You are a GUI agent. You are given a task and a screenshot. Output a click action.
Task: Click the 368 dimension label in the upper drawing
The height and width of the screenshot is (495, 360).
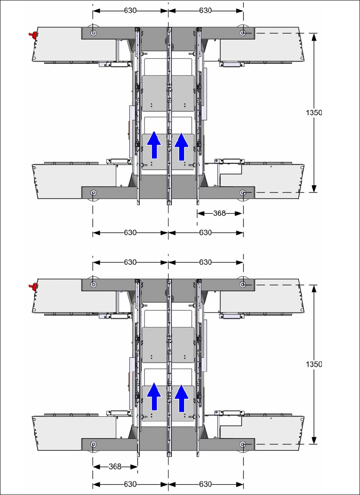pyautogui.click(x=219, y=213)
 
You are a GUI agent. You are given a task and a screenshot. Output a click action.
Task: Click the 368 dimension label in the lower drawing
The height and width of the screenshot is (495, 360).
pyautogui.click(x=115, y=467)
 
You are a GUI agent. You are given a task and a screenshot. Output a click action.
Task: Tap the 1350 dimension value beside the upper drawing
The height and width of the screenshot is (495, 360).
pyautogui.click(x=314, y=112)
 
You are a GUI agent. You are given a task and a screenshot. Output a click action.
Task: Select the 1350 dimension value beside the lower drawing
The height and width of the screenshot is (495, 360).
pyautogui.click(x=314, y=364)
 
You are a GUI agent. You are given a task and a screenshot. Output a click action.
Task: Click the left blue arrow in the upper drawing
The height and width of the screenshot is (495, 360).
pyautogui.click(x=154, y=145)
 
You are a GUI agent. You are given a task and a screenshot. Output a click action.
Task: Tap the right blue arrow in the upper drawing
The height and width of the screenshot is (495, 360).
pyautogui.click(x=182, y=146)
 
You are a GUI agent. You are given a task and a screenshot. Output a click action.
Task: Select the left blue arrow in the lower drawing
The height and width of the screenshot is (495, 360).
pyautogui.click(x=154, y=396)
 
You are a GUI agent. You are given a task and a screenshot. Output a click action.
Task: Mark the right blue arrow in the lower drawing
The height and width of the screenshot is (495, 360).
pyautogui.click(x=182, y=398)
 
